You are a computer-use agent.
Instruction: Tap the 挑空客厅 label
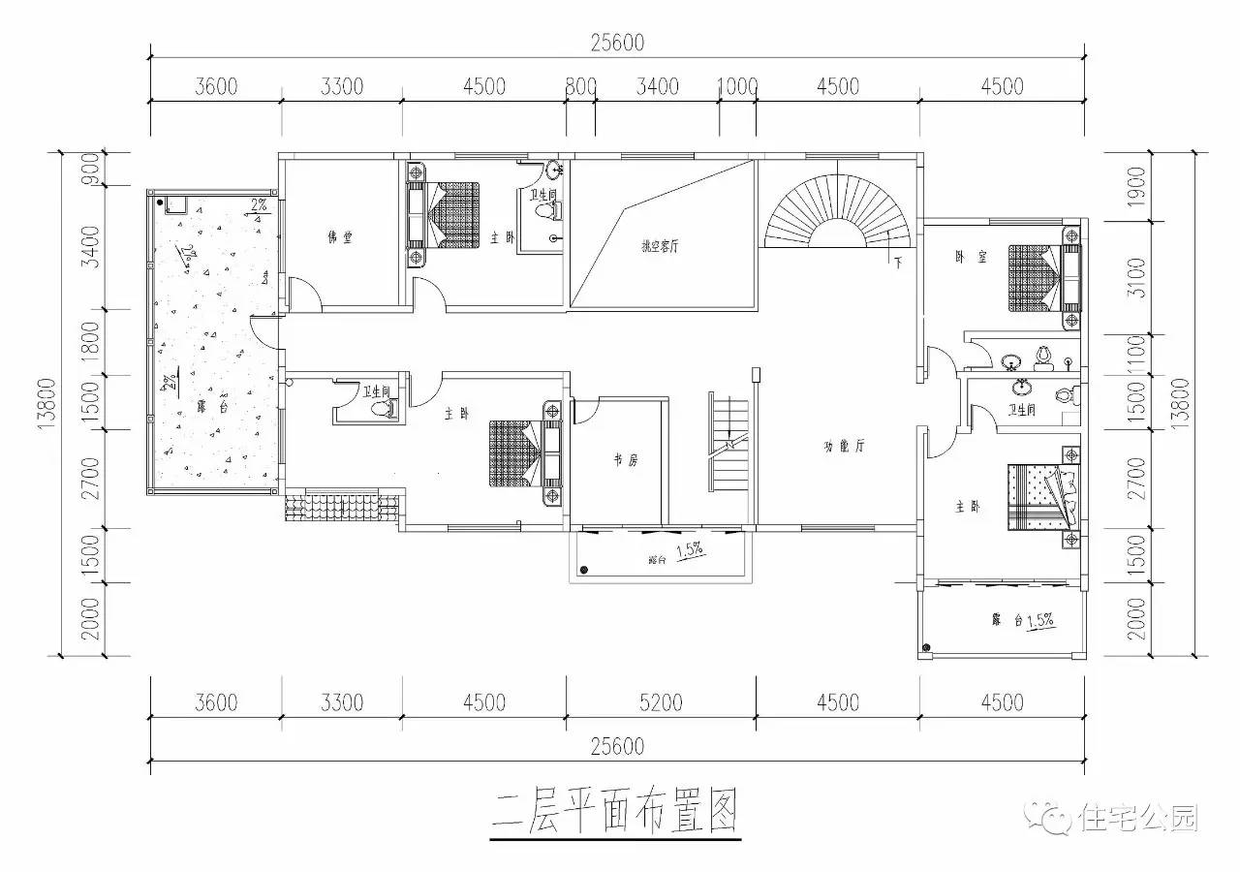coord(659,246)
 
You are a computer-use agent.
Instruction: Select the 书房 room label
coord(625,460)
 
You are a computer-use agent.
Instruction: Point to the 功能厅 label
coord(844,447)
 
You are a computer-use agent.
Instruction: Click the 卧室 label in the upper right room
coord(965,257)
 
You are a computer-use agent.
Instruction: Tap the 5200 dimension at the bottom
coord(660,701)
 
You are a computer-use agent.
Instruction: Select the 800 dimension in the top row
coord(580,86)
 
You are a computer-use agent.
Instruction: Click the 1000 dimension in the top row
coord(737,86)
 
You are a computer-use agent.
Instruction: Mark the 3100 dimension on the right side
coord(1136,279)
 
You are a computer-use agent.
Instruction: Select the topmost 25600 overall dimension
coord(617,44)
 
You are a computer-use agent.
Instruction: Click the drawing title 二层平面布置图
coord(616,809)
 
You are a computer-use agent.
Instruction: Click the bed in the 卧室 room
coord(1034,278)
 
